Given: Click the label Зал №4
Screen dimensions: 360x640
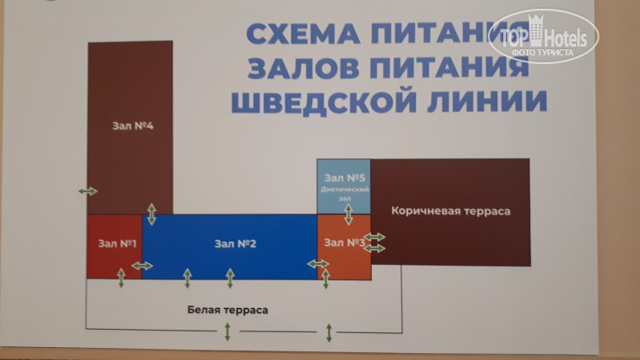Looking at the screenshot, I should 132,125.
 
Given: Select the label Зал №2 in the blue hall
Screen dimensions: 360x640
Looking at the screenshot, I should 234,244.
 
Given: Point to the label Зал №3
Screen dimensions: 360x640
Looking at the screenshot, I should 344,242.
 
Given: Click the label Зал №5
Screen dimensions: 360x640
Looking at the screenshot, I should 344,177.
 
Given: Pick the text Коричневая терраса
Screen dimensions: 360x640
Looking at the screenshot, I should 451,210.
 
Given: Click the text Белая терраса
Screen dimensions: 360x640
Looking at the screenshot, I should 228,309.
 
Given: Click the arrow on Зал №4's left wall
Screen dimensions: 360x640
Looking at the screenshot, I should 87,190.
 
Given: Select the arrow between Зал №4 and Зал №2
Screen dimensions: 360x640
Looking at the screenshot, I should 152,214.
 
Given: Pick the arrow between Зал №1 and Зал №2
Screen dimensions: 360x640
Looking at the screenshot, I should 143,266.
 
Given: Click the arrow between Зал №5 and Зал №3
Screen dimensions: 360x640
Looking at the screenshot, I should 348,213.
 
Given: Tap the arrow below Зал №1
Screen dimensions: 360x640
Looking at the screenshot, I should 121,278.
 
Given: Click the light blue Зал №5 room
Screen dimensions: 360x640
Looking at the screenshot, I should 344,184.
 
